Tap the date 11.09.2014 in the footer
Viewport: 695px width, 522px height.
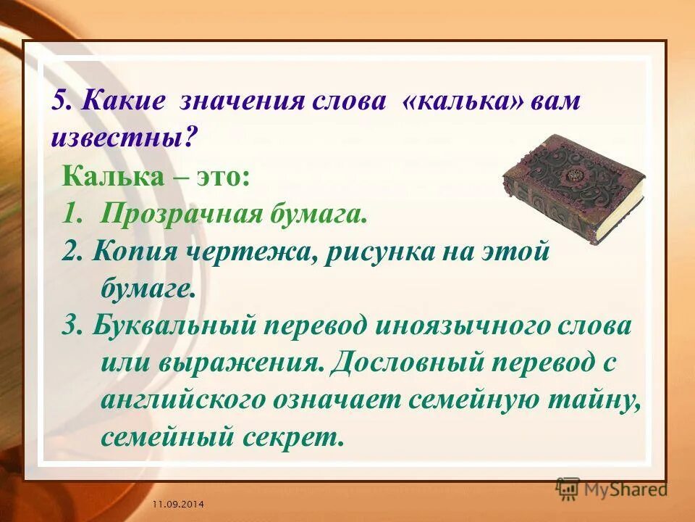(177, 502)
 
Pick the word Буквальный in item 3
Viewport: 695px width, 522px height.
(166, 326)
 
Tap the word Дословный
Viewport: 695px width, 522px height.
(410, 363)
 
